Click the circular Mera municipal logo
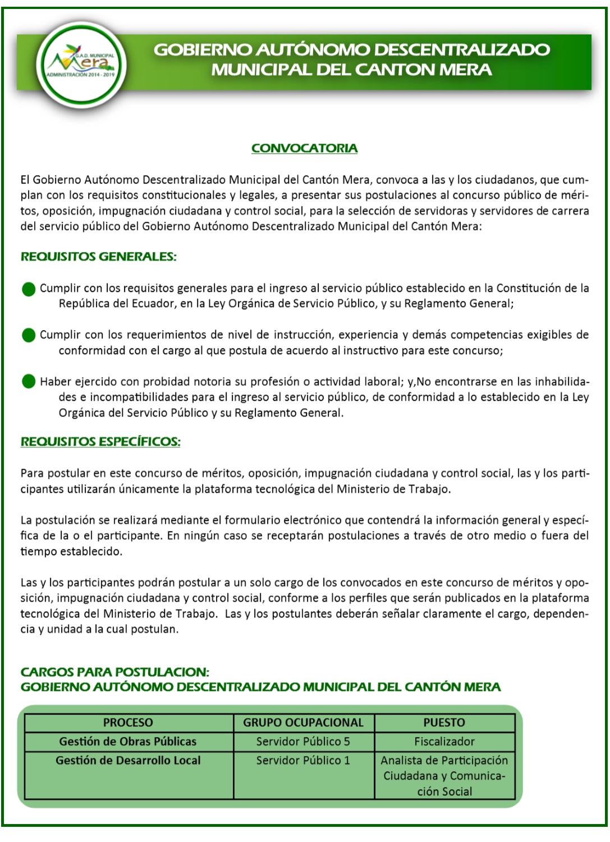pyautogui.click(x=81, y=66)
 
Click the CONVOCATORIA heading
pyautogui.click(x=304, y=148)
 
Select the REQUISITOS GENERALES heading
pyautogui.click(x=99, y=257)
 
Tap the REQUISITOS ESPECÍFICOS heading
pyautogui.click(x=100, y=442)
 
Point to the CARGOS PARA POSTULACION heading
pyautogui.click(x=114, y=672)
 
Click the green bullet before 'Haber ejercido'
pyautogui.click(x=29, y=382)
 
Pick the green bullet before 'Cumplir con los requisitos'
pyautogui.click(x=29, y=289)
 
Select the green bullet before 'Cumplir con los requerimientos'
pyautogui.click(x=29, y=335)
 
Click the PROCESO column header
pyautogui.click(x=128, y=722)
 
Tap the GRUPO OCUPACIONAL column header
pyautogui.click(x=303, y=722)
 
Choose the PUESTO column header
pyautogui.click(x=444, y=722)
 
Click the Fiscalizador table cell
pyautogui.click(x=444, y=742)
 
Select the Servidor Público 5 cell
pyautogui.click(x=303, y=742)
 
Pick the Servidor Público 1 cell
pyautogui.click(x=303, y=761)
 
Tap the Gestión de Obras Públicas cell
pyautogui.click(x=128, y=742)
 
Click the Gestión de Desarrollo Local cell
pyautogui.click(x=128, y=761)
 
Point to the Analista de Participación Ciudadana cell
pyautogui.click(x=444, y=776)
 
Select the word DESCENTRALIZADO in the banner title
pyautogui.click(x=462, y=49)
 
